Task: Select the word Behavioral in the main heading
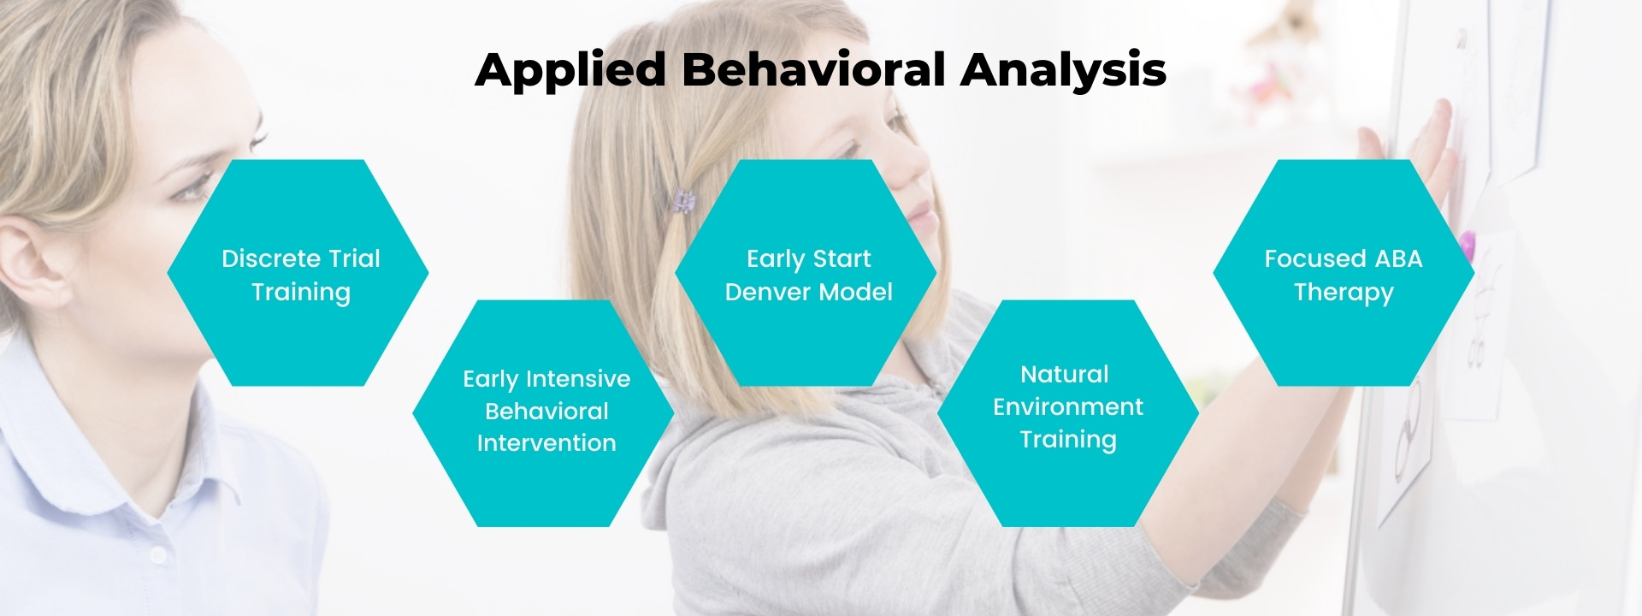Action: pyautogui.click(x=812, y=69)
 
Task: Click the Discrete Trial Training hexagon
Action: pyautogui.click(x=298, y=273)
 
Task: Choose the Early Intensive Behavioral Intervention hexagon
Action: pyautogui.click(x=543, y=413)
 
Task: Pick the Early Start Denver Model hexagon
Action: pyautogui.click(x=806, y=273)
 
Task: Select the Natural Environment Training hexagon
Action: pyautogui.click(x=1068, y=413)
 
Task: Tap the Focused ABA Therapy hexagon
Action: pyautogui.click(x=1344, y=273)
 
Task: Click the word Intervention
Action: pyautogui.click(x=546, y=443)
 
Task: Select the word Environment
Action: pyautogui.click(x=1068, y=406)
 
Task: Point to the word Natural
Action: pyautogui.click(x=1065, y=374)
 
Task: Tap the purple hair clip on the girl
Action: pyautogui.click(x=682, y=200)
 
